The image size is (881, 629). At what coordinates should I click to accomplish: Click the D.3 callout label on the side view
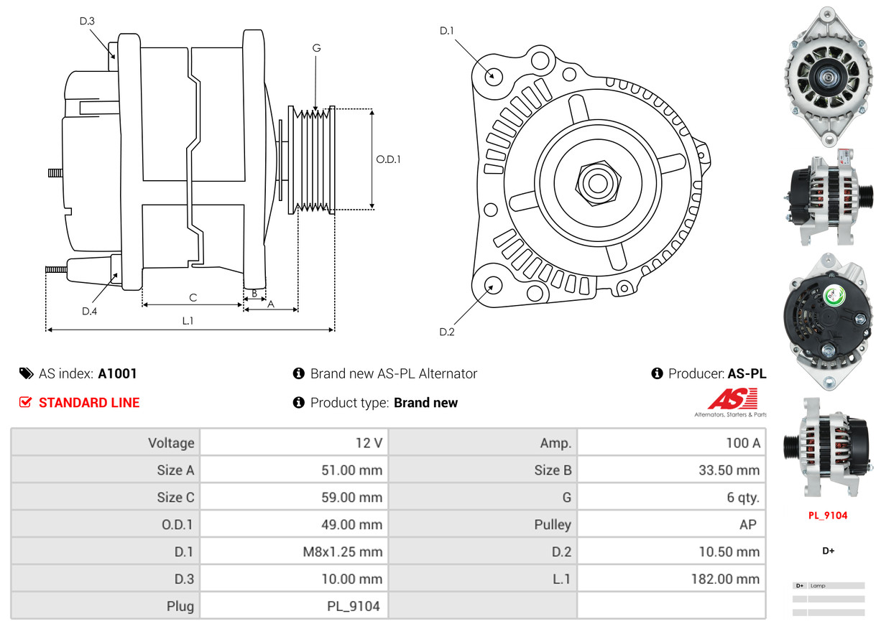(87, 21)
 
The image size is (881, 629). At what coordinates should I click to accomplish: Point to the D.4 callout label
(89, 311)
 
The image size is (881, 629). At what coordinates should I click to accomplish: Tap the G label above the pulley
(316, 48)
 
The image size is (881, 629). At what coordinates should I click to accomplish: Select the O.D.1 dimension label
(388, 159)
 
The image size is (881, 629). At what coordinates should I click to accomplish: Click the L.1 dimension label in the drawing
(188, 321)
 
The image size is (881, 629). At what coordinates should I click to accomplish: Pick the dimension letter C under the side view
(193, 297)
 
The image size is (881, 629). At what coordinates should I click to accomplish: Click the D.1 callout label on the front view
(447, 31)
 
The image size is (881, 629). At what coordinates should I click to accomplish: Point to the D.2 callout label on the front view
(447, 332)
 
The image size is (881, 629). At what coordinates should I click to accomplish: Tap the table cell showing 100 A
(671, 443)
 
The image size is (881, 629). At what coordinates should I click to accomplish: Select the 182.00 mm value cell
(671, 579)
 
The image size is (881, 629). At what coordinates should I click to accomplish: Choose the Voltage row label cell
(106, 443)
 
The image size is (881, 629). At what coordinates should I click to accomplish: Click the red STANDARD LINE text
(89, 403)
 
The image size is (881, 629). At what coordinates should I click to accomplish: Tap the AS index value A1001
(118, 373)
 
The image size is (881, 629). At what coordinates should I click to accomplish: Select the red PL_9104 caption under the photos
(828, 516)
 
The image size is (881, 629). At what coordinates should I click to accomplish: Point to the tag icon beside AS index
(26, 373)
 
